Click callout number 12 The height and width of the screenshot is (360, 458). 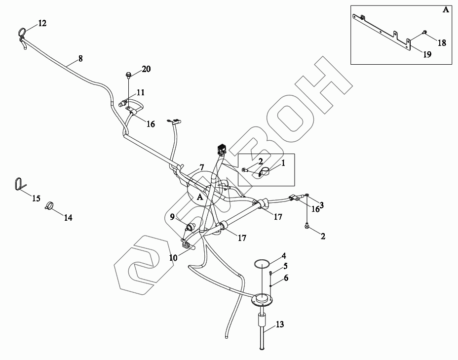[x=42, y=23]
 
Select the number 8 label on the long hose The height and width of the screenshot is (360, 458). [x=80, y=58]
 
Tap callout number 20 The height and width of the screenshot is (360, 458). [x=146, y=69]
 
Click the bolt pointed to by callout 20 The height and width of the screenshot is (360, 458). [x=128, y=75]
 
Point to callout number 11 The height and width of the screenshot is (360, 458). [x=141, y=92]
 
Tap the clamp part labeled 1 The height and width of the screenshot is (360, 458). [x=264, y=172]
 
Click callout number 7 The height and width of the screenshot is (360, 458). [x=201, y=167]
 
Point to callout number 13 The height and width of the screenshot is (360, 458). [x=279, y=324]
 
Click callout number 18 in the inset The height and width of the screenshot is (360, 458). [x=442, y=43]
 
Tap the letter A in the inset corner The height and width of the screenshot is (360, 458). [x=446, y=10]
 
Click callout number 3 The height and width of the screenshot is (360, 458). [x=321, y=205]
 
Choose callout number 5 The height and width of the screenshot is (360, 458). [x=285, y=266]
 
